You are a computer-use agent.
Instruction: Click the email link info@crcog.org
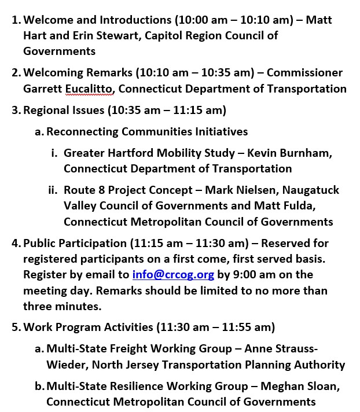tap(172, 274)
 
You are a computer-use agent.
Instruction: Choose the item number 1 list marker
tap(16, 20)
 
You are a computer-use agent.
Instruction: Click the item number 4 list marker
tap(16, 243)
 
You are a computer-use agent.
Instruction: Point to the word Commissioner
tap(304, 73)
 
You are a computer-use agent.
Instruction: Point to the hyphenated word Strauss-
tap(293, 349)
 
